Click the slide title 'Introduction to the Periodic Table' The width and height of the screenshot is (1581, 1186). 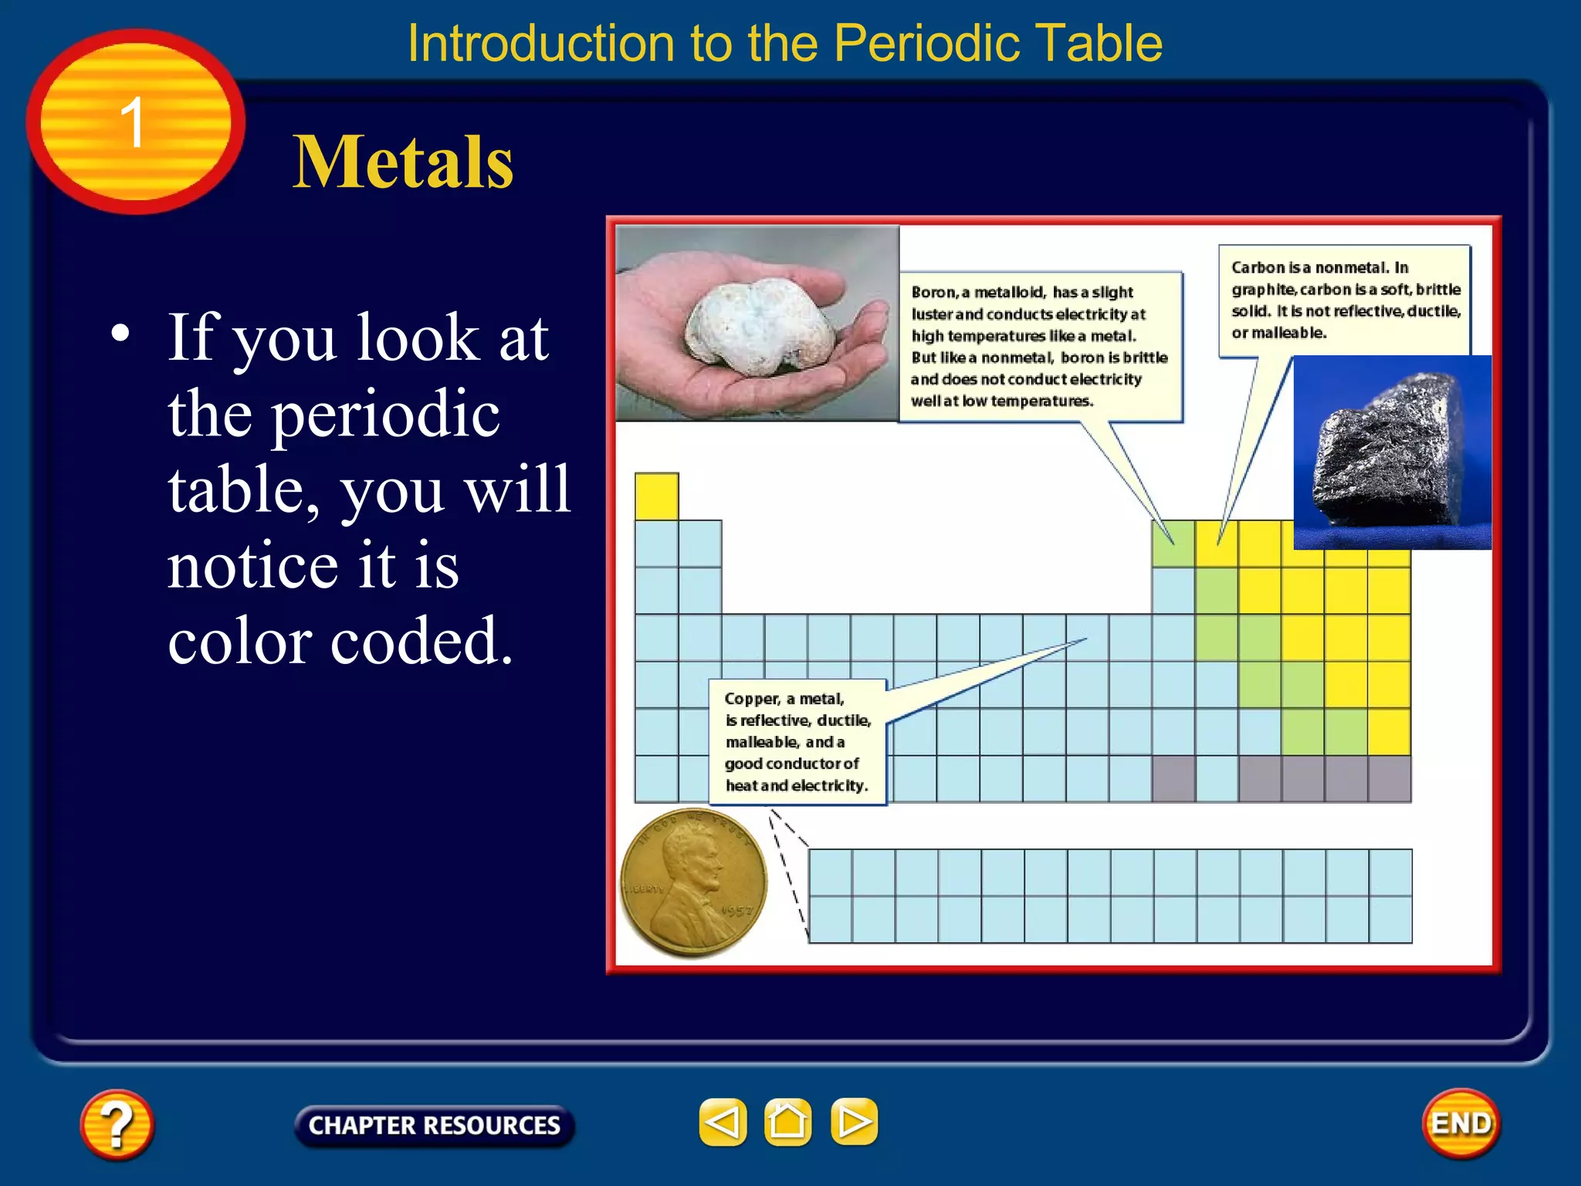click(784, 43)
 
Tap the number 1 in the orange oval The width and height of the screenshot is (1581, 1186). click(133, 122)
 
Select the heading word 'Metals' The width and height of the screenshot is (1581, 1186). click(402, 162)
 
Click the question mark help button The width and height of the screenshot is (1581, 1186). click(117, 1124)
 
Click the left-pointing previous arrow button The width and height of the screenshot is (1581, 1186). click(723, 1122)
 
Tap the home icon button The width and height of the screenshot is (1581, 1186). click(787, 1122)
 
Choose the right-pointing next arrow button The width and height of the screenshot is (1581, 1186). click(854, 1122)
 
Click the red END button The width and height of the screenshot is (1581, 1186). click(1461, 1123)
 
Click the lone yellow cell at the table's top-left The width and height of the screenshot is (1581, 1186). click(656, 496)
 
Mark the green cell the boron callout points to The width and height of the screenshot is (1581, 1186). click(1173, 544)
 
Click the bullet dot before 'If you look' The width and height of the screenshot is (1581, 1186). click(120, 334)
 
